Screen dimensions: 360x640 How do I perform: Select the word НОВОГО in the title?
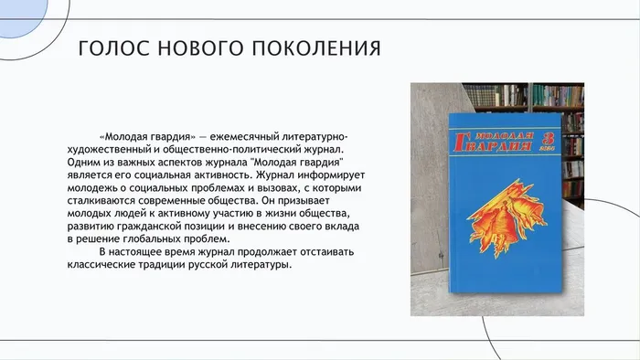coord(193,48)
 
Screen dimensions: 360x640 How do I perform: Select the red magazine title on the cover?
coord(494,143)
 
